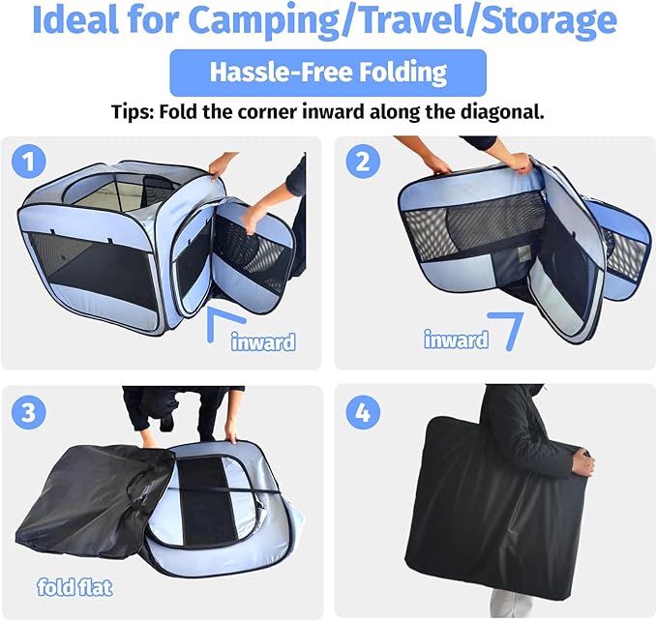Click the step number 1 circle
28,162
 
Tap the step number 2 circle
363,162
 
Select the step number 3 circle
28,412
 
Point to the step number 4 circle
363,412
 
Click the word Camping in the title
263,21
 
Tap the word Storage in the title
549,20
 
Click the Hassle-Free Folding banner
328,73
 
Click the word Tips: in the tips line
133,112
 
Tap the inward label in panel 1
263,342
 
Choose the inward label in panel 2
456,340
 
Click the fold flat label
75,587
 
